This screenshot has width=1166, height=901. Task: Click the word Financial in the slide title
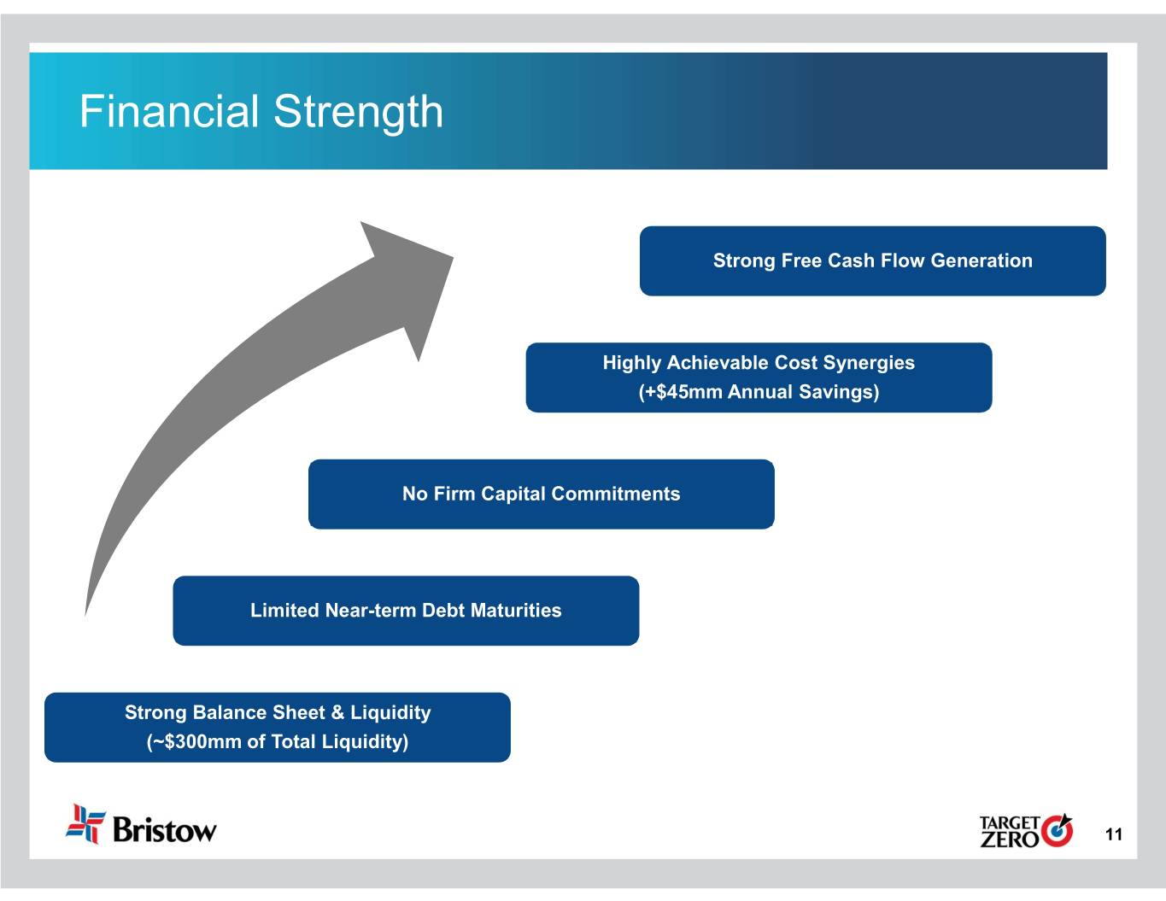point(169,112)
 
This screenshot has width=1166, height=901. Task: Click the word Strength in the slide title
point(359,114)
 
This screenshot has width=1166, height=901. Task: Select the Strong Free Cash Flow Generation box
point(872,261)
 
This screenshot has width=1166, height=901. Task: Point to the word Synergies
point(869,364)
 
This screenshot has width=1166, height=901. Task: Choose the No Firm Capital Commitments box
point(542,494)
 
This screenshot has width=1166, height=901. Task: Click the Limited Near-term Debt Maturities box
point(406,611)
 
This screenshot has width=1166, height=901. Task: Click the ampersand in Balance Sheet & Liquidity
point(337,713)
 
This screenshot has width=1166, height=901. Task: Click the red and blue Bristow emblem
point(85,824)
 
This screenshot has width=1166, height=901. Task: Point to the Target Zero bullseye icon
point(1057,831)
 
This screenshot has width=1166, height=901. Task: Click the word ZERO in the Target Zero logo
point(1010,840)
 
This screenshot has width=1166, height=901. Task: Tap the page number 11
point(1113,834)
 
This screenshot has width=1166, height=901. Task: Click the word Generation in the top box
point(981,260)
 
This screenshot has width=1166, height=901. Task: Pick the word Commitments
point(616,494)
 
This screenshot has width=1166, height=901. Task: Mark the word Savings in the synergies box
point(839,392)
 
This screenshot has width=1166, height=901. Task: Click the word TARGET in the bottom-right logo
point(1010,823)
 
